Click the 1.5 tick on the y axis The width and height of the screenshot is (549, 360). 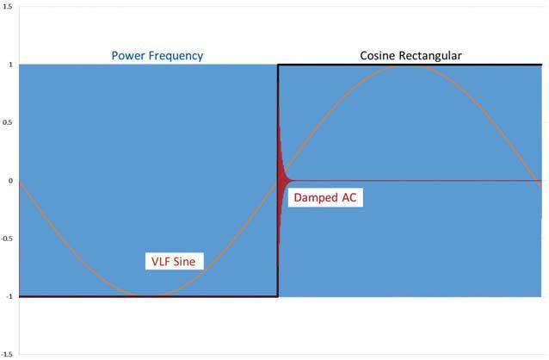(x=6, y=7)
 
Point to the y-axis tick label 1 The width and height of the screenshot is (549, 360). (x=9, y=65)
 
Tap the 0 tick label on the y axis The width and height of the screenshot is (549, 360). (x=9, y=181)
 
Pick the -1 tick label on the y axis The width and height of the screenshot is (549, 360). (x=7, y=296)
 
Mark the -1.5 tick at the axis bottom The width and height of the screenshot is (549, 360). (x=6, y=354)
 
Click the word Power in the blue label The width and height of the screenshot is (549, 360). (x=130, y=56)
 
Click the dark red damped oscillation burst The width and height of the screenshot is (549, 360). (x=281, y=177)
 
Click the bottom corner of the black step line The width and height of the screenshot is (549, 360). (x=277, y=296)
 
